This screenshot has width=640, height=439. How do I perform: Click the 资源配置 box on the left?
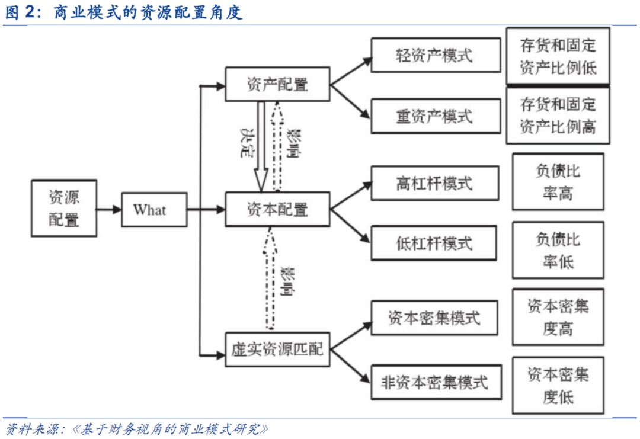(x=63, y=209)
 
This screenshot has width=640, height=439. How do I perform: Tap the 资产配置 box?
(x=277, y=84)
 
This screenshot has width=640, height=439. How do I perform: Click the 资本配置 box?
(x=277, y=209)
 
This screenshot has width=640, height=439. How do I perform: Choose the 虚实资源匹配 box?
(x=277, y=350)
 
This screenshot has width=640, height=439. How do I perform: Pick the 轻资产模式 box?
(x=435, y=55)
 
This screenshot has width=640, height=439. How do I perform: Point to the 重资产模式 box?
(x=435, y=116)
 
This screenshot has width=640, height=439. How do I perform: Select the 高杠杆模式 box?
(x=435, y=183)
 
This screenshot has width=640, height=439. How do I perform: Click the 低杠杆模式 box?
(x=435, y=243)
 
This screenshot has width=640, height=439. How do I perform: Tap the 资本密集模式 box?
(x=435, y=318)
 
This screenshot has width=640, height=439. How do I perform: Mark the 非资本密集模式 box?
(x=435, y=382)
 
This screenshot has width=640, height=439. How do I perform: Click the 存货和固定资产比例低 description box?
(x=558, y=56)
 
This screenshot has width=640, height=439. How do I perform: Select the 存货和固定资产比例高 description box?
(x=558, y=116)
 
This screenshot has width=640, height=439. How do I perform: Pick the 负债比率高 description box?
(x=558, y=182)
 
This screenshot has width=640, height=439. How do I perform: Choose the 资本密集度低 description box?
(x=558, y=385)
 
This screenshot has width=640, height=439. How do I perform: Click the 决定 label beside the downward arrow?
(x=246, y=142)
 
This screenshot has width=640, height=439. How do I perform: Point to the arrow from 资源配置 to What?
(x=109, y=209)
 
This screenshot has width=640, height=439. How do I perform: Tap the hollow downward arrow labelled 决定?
(x=261, y=145)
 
